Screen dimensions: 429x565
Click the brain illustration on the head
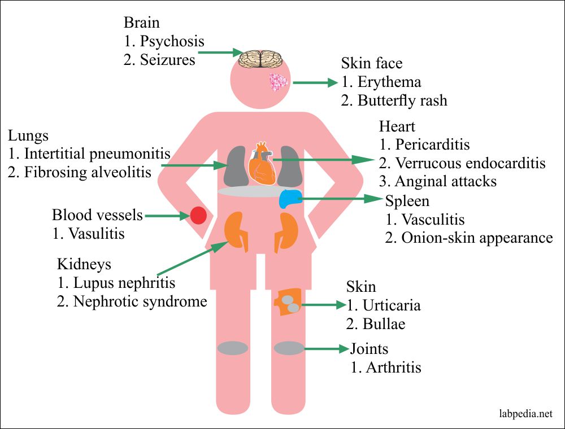[260, 59]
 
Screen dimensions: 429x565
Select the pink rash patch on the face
[278, 83]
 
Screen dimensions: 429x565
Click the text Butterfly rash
[402, 100]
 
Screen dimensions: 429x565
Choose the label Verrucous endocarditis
[470, 163]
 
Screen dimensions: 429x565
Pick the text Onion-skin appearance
[477, 238]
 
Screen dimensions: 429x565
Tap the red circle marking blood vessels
[197, 216]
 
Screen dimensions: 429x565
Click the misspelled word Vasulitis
[97, 233]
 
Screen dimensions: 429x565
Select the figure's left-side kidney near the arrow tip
[236, 230]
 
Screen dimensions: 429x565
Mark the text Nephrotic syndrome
[140, 301]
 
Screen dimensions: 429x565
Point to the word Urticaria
[392, 305]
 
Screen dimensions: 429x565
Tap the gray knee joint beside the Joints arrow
[289, 348]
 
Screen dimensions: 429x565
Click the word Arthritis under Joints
[393, 367]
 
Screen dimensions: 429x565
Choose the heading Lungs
[28, 136]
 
